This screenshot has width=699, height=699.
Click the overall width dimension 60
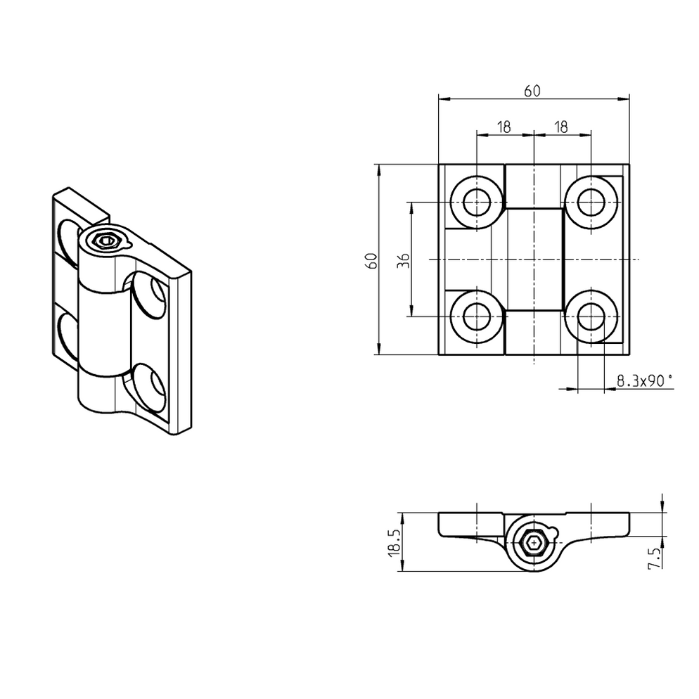[x=532, y=90]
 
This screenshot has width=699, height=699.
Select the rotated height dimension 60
[x=372, y=259]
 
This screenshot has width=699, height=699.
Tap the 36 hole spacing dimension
[x=403, y=259]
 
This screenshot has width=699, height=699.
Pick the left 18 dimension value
[x=504, y=127]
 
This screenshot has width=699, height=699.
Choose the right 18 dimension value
[x=560, y=127]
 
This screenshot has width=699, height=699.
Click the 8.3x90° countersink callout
[x=643, y=381]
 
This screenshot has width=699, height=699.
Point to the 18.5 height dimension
[x=394, y=542]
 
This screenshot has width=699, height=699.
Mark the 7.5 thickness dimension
[x=654, y=557]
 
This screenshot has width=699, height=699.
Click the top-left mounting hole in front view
[x=476, y=202]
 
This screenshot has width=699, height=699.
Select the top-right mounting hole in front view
[x=590, y=202]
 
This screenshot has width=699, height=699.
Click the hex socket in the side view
[x=533, y=543]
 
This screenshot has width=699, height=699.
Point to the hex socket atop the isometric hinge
[x=105, y=242]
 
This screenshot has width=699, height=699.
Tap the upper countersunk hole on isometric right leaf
[x=148, y=295]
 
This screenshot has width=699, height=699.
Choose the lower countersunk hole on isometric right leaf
[x=150, y=386]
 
